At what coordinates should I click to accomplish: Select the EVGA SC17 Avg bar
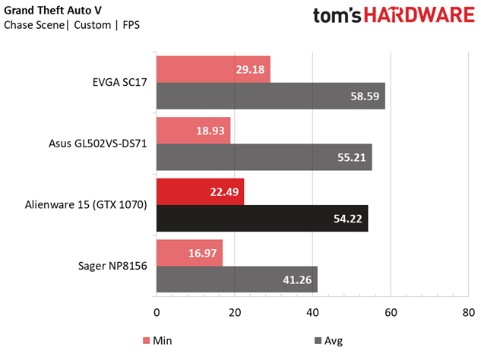271,96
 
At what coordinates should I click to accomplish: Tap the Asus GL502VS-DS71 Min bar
193,130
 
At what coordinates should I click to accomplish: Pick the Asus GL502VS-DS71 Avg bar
264,157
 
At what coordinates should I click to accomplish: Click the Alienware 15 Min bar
200,191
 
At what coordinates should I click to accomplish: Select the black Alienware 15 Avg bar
262,218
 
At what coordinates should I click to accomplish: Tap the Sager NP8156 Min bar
189,252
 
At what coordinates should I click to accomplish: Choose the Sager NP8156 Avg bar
236,279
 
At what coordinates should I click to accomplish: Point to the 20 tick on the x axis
235,312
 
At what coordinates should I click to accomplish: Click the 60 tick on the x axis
391,312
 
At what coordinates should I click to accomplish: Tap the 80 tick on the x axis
469,312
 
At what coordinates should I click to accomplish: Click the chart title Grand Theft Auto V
54,10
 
